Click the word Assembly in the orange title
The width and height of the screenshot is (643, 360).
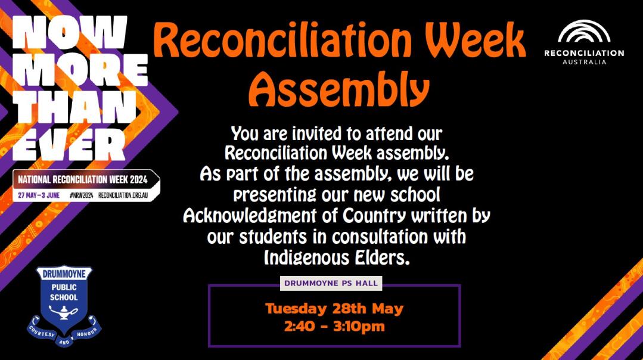tap(338, 89)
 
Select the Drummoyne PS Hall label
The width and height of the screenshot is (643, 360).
tap(331, 283)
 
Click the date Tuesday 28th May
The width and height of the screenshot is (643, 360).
tap(334, 308)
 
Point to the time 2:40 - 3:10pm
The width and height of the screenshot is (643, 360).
tap(334, 327)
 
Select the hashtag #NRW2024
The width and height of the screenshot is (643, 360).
tap(81, 195)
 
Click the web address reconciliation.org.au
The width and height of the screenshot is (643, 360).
tap(123, 195)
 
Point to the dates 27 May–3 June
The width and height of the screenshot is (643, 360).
tap(39, 195)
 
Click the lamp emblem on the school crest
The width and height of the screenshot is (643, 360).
tap(64, 314)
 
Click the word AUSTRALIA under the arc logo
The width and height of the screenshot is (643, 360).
tap(585, 62)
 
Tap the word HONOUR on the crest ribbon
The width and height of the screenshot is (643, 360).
tap(87, 332)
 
